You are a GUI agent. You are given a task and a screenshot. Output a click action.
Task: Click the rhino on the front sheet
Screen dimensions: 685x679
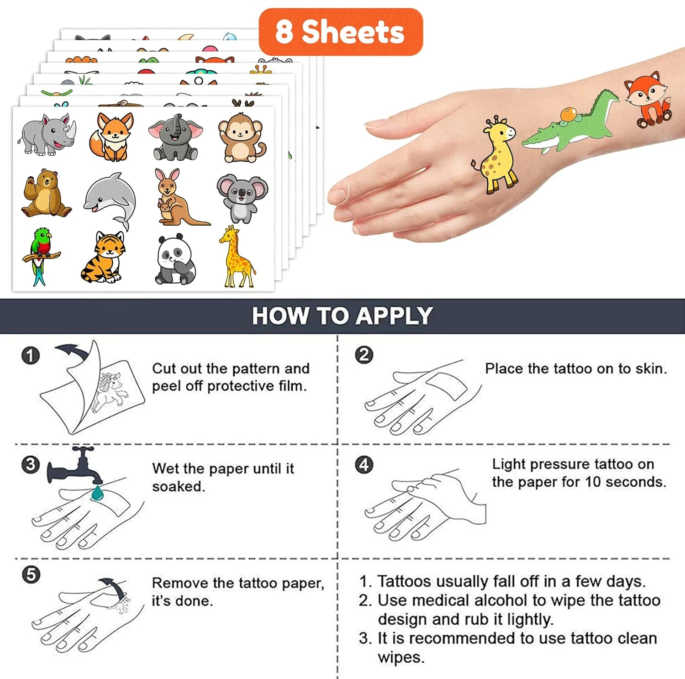(x=47, y=135)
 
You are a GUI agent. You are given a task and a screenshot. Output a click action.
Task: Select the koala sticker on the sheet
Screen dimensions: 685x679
(x=242, y=198)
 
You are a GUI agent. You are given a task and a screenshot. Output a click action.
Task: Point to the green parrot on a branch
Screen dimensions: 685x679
(x=40, y=256)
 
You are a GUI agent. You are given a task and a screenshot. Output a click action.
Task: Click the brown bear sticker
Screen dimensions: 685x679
(x=45, y=193)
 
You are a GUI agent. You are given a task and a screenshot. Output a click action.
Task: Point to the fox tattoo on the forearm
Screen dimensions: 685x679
(x=648, y=100)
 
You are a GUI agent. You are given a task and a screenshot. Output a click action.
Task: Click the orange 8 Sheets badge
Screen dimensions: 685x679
(x=341, y=32)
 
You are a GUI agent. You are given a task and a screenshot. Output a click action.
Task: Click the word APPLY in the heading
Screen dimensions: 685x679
(x=394, y=316)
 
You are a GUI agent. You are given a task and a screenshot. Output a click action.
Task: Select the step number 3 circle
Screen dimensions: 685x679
(x=31, y=465)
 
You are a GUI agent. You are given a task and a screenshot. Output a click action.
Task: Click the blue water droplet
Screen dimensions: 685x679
(x=97, y=493)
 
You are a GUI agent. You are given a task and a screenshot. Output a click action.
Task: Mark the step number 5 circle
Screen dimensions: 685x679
(x=31, y=574)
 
